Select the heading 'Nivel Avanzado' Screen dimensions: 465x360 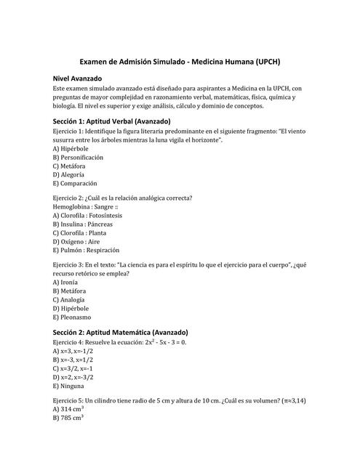[x=77, y=78]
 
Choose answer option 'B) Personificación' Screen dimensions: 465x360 [x=78, y=157]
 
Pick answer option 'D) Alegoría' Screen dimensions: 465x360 [x=68, y=174]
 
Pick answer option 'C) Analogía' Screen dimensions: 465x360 [x=69, y=299]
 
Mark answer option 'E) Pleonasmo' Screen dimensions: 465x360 [x=72, y=317]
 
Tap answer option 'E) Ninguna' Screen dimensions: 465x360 [x=71, y=386]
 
